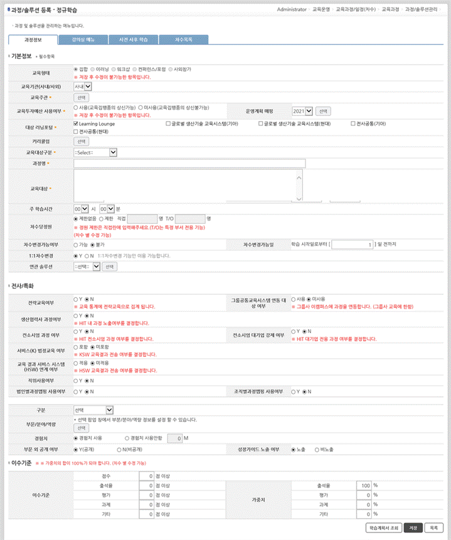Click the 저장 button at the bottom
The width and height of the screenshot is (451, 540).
413,527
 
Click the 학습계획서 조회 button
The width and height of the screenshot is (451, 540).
383,527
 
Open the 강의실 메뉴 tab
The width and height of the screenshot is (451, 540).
82,40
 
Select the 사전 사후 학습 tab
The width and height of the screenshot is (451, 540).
132,40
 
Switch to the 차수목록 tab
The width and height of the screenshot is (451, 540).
183,40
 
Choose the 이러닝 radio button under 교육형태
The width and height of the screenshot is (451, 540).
93,68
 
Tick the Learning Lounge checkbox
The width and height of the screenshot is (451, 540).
76,124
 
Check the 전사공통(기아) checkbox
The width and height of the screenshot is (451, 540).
353,124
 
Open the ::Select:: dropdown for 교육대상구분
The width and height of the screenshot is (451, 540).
95,152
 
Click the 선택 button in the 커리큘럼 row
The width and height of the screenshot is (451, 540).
82,142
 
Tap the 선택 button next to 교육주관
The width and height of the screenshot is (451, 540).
82,98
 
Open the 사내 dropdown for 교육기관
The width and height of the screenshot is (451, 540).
83,86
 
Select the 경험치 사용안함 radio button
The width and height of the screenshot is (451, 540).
128,437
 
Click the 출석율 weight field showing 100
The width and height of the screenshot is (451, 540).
363,485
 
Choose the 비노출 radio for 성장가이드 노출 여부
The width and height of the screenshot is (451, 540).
317,449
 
